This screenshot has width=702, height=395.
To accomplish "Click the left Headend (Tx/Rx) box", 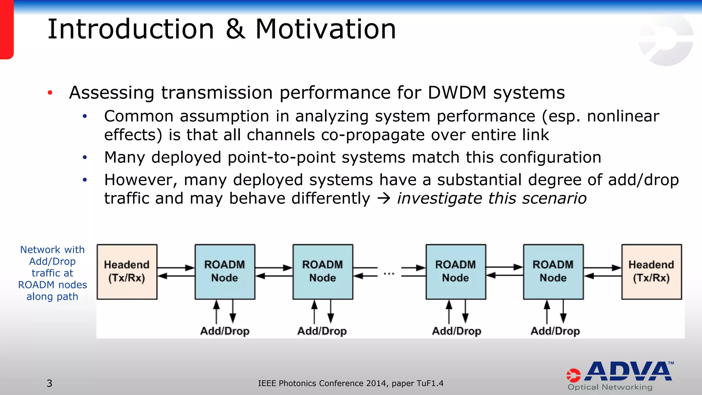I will click(127, 272).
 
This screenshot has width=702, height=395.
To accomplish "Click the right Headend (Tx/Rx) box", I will click(651, 272).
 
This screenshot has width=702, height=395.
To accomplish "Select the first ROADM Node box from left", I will click(225, 272).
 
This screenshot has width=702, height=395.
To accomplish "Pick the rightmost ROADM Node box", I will click(553, 272).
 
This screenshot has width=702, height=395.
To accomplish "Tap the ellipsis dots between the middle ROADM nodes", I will click(389, 274).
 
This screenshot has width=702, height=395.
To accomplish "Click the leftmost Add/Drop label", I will click(225, 331).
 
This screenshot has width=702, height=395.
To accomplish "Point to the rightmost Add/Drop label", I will click(555, 331).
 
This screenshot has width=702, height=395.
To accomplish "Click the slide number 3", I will click(49, 383).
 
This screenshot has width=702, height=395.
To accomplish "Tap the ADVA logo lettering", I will click(629, 371).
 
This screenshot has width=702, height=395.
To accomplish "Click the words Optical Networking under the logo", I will click(610, 387).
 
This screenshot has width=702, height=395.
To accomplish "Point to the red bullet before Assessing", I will click(50, 93).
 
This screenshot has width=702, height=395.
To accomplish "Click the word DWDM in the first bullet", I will click(457, 93).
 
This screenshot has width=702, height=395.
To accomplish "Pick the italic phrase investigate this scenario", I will click(492, 198).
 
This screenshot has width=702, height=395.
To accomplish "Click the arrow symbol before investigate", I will click(384, 199).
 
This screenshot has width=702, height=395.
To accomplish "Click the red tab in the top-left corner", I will click(7, 29).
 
